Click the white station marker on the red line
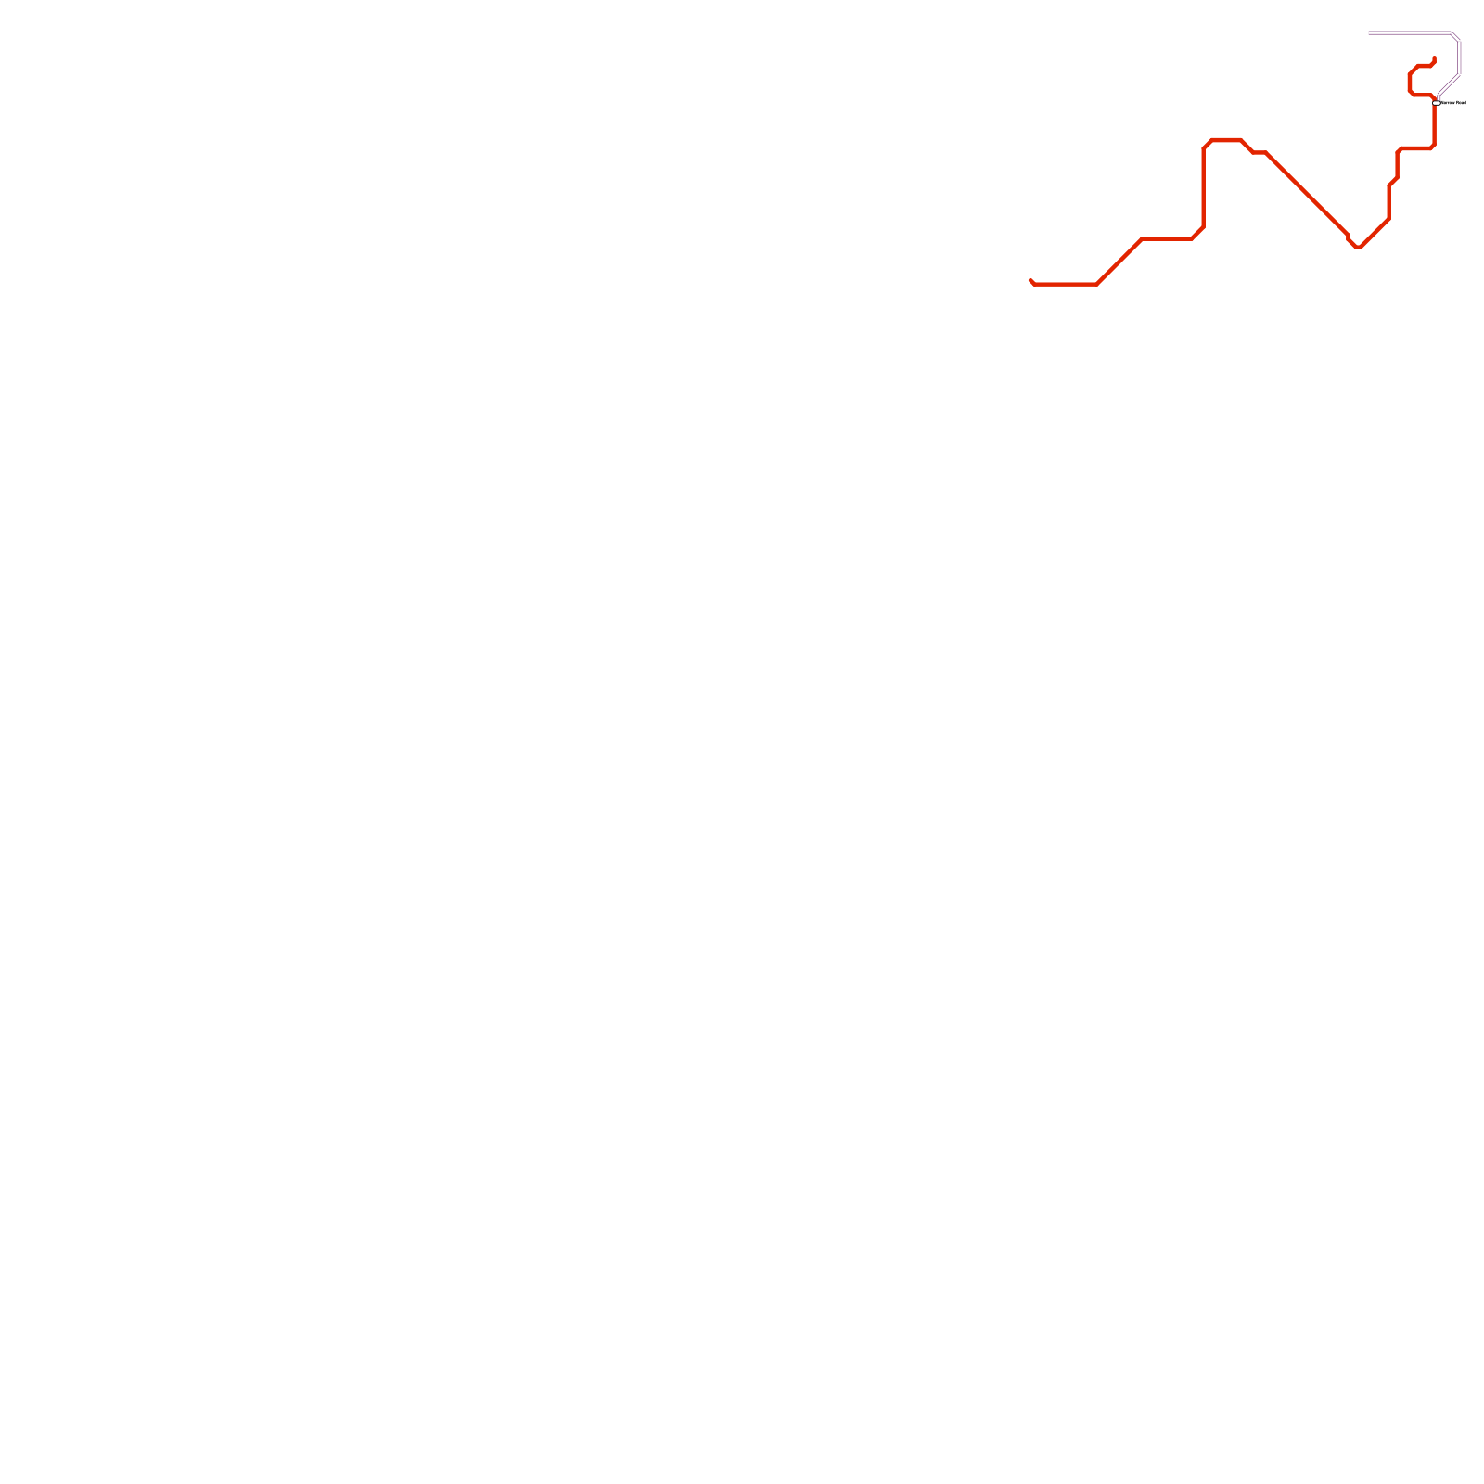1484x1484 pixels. pyautogui.click(x=1436, y=103)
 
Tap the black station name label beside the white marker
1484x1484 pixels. pyautogui.click(x=1453, y=103)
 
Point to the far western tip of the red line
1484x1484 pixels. pyautogui.click(x=1030, y=280)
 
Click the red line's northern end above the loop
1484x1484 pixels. pyautogui.click(x=1434, y=58)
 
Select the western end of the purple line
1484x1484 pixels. pyautogui.click(x=1370, y=33)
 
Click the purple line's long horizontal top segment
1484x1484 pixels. pyautogui.click(x=1410, y=33)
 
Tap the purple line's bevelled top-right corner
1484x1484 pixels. pyautogui.click(x=1456, y=37)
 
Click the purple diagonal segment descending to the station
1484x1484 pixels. pyautogui.click(x=1449, y=84)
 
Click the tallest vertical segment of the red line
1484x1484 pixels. pyautogui.click(x=1203, y=185)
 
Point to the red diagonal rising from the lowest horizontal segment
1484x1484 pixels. pyautogui.click(x=1119, y=262)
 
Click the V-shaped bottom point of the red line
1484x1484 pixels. pyautogui.click(x=1357, y=247)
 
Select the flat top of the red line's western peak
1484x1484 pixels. pyautogui.click(x=1226, y=140)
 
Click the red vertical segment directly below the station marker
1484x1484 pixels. pyautogui.click(x=1434, y=125)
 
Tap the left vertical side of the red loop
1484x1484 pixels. pyautogui.click(x=1409, y=82)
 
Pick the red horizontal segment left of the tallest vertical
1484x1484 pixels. pyautogui.click(x=1167, y=239)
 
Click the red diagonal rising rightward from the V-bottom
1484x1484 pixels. pyautogui.click(x=1375, y=233)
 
